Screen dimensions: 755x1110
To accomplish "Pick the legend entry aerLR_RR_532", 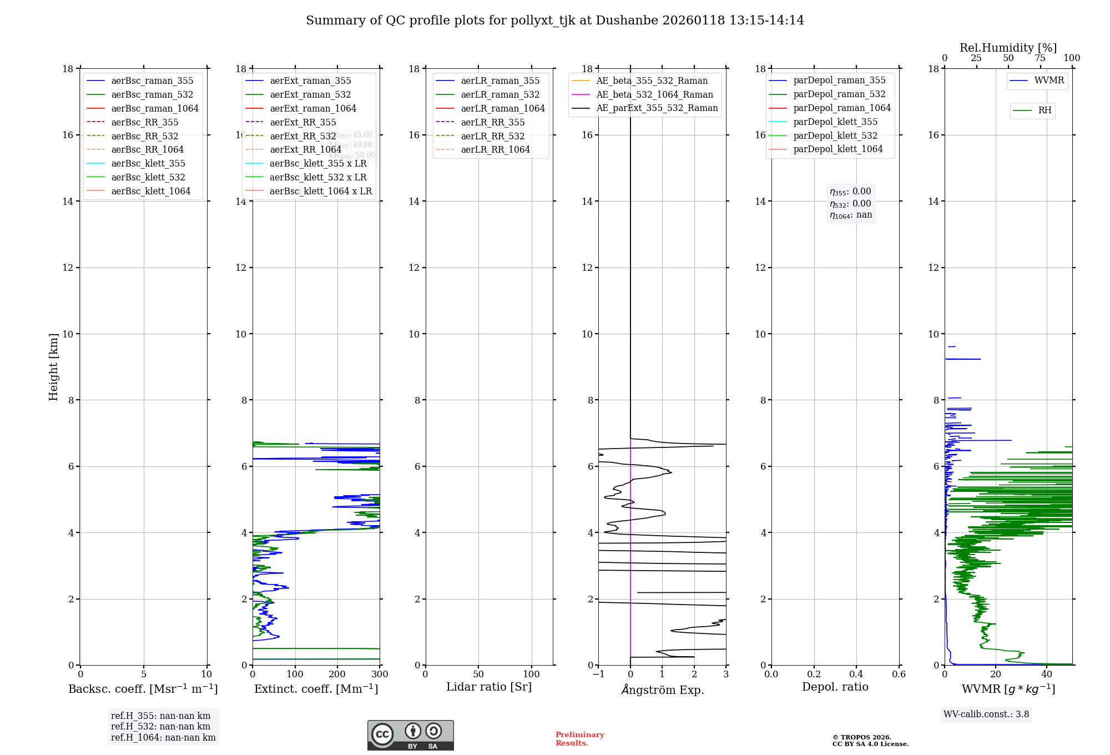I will click(492, 136).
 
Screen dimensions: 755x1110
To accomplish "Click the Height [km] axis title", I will click(53, 367).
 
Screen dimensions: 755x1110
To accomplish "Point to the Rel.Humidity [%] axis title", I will click(1008, 48).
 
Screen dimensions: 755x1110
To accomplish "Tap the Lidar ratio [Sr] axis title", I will click(488, 687).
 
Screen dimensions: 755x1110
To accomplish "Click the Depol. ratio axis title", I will click(835, 687).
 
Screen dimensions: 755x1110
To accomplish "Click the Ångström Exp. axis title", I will click(662, 689).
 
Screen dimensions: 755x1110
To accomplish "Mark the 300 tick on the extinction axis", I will click(380, 675).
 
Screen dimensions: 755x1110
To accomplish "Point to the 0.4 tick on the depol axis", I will click(856, 675).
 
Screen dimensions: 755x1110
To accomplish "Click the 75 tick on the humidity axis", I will click(1040, 58).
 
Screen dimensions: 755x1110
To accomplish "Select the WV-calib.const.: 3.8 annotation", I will click(986, 714).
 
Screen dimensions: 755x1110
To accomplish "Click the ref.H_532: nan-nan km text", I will click(160, 727).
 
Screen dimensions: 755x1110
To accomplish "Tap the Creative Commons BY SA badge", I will click(410, 735).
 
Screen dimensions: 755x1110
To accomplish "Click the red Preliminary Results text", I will click(579, 739).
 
